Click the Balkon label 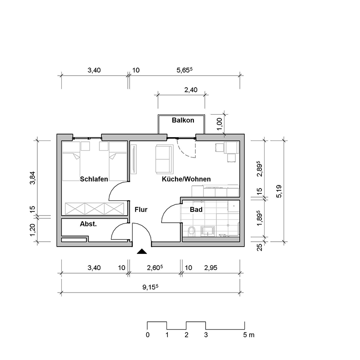pyautogui.click(x=183, y=120)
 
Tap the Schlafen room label pyautogui.click(x=94, y=179)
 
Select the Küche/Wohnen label pyautogui.click(x=186, y=179)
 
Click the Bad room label pyautogui.click(x=196, y=210)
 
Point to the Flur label pyautogui.click(x=141, y=209)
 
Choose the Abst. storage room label pyautogui.click(x=88, y=224)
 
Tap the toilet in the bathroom pyautogui.click(x=191, y=231)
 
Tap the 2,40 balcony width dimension pyautogui.click(x=191, y=90)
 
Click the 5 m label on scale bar pyautogui.click(x=248, y=335)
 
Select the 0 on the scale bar pyautogui.click(x=148, y=335)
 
